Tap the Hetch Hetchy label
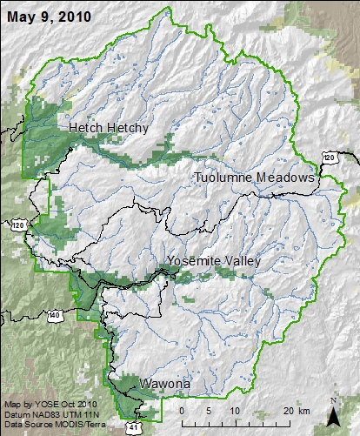(x=109, y=128)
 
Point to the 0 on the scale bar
(x=182, y=411)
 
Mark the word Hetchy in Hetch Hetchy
(x=128, y=128)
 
